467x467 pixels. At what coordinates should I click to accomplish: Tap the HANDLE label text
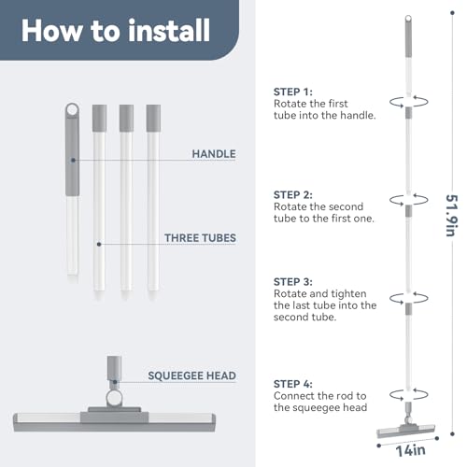coord(213,152)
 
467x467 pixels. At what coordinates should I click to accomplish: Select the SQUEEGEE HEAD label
coord(191,375)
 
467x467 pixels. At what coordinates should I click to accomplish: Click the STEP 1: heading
coord(294,92)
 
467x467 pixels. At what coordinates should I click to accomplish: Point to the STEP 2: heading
coord(294,194)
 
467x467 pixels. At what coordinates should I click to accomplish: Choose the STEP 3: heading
coord(294,281)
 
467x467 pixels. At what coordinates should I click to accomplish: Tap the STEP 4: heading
coord(294,384)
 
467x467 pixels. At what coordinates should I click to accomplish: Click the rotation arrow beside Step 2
coord(408,199)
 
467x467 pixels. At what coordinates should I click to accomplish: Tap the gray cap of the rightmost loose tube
coord(153,117)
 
